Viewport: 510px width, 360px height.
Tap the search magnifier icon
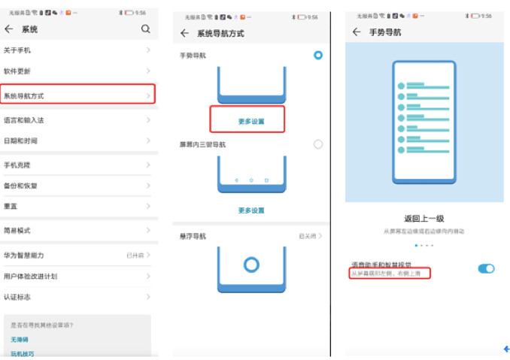(146, 29)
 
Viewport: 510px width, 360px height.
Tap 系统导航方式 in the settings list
(24, 95)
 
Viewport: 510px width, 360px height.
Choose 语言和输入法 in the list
(24, 120)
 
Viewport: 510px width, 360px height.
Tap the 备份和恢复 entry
(20, 186)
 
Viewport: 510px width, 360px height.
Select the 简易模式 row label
(17, 231)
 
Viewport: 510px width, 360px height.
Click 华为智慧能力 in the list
(24, 256)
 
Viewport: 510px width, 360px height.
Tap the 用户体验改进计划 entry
(30, 276)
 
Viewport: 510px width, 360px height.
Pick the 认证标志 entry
(17, 297)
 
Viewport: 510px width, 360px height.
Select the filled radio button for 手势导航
(318, 55)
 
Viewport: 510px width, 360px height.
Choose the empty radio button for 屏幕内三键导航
(318, 144)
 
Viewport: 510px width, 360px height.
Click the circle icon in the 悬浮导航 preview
(251, 265)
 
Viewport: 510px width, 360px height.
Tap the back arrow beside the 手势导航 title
(356, 32)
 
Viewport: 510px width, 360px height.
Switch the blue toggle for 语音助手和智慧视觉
(486, 268)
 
